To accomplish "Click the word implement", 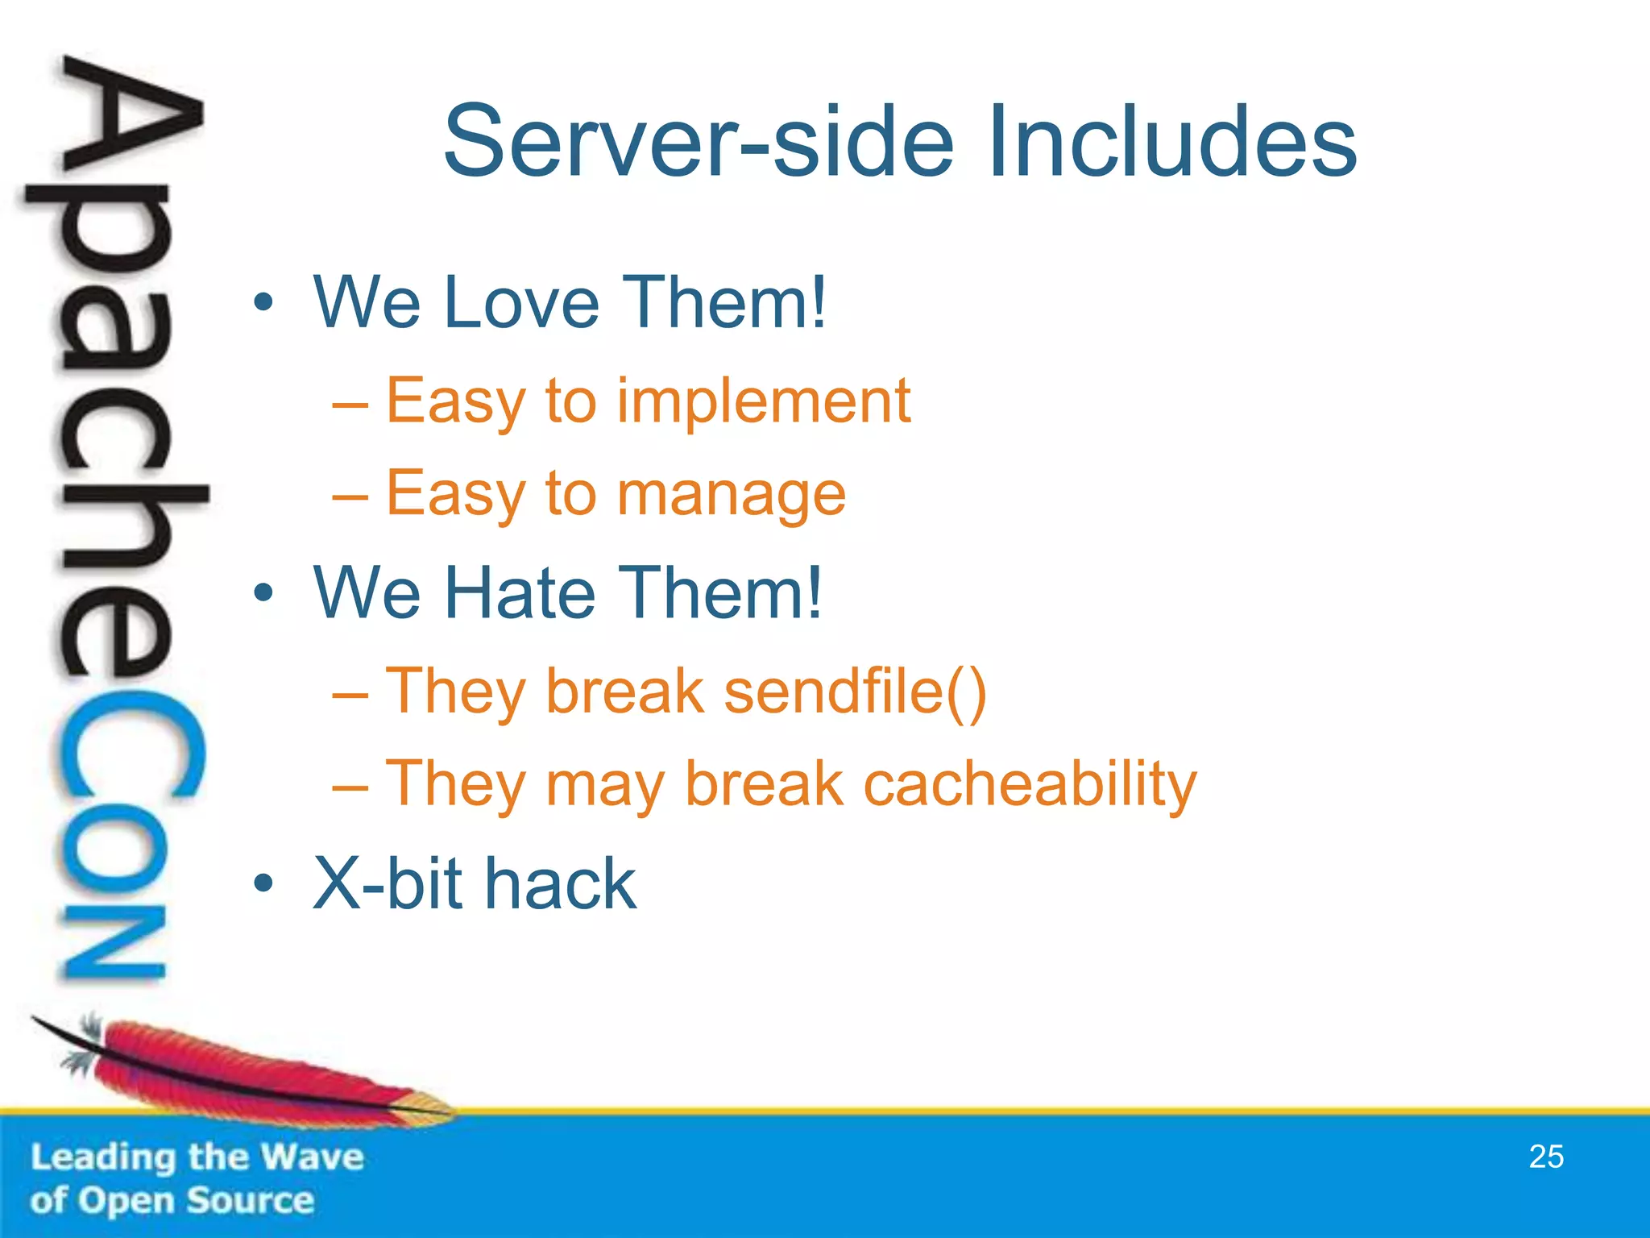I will coord(763,401).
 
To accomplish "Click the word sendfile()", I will coord(855,692).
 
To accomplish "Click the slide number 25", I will coord(1545,1157).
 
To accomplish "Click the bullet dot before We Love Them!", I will coord(263,304).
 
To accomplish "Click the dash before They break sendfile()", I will coord(350,693).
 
